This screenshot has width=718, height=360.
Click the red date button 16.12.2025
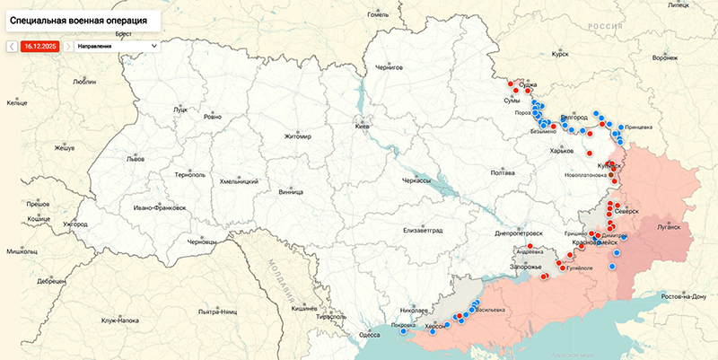[x=39, y=45]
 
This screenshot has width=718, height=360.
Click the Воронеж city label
[x=664, y=57]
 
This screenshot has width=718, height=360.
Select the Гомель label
[x=378, y=14]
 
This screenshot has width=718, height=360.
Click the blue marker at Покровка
[x=403, y=330]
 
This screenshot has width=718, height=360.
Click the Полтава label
[x=503, y=172]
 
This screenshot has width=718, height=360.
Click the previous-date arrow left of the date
[x=12, y=45]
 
